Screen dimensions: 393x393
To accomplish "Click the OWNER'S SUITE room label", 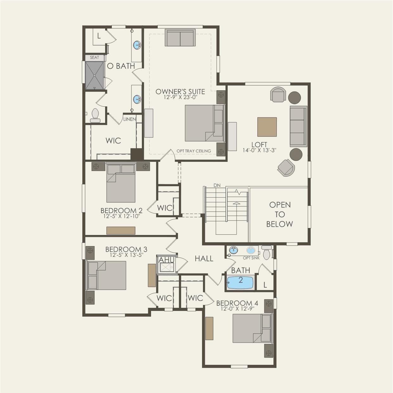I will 180,92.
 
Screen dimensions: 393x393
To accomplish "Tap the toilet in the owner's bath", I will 95,116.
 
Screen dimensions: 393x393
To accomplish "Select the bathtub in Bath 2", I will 240,282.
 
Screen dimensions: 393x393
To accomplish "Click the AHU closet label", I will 166,260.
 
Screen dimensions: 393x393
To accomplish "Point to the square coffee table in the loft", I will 267,127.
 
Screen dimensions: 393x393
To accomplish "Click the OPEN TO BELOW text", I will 279,214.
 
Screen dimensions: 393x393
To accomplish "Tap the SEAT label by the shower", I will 94,58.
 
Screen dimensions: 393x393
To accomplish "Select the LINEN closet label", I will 129,119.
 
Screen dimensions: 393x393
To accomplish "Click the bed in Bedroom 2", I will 121,183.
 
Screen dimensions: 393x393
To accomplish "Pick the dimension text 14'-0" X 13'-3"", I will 259,150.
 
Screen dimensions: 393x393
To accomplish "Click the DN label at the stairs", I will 217,185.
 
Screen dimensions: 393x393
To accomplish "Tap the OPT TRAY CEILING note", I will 193,151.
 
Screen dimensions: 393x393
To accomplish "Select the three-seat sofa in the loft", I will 298,126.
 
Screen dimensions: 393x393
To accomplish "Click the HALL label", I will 204,259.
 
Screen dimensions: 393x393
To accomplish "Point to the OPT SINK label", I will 251,258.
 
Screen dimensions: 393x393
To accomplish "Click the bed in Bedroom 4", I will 252,328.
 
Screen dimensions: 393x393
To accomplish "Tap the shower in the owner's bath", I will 94,75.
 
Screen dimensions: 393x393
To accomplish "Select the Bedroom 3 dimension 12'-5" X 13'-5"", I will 126,255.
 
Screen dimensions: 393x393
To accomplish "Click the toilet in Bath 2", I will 267,253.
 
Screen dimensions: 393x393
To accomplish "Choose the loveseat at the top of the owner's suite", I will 180,38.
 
